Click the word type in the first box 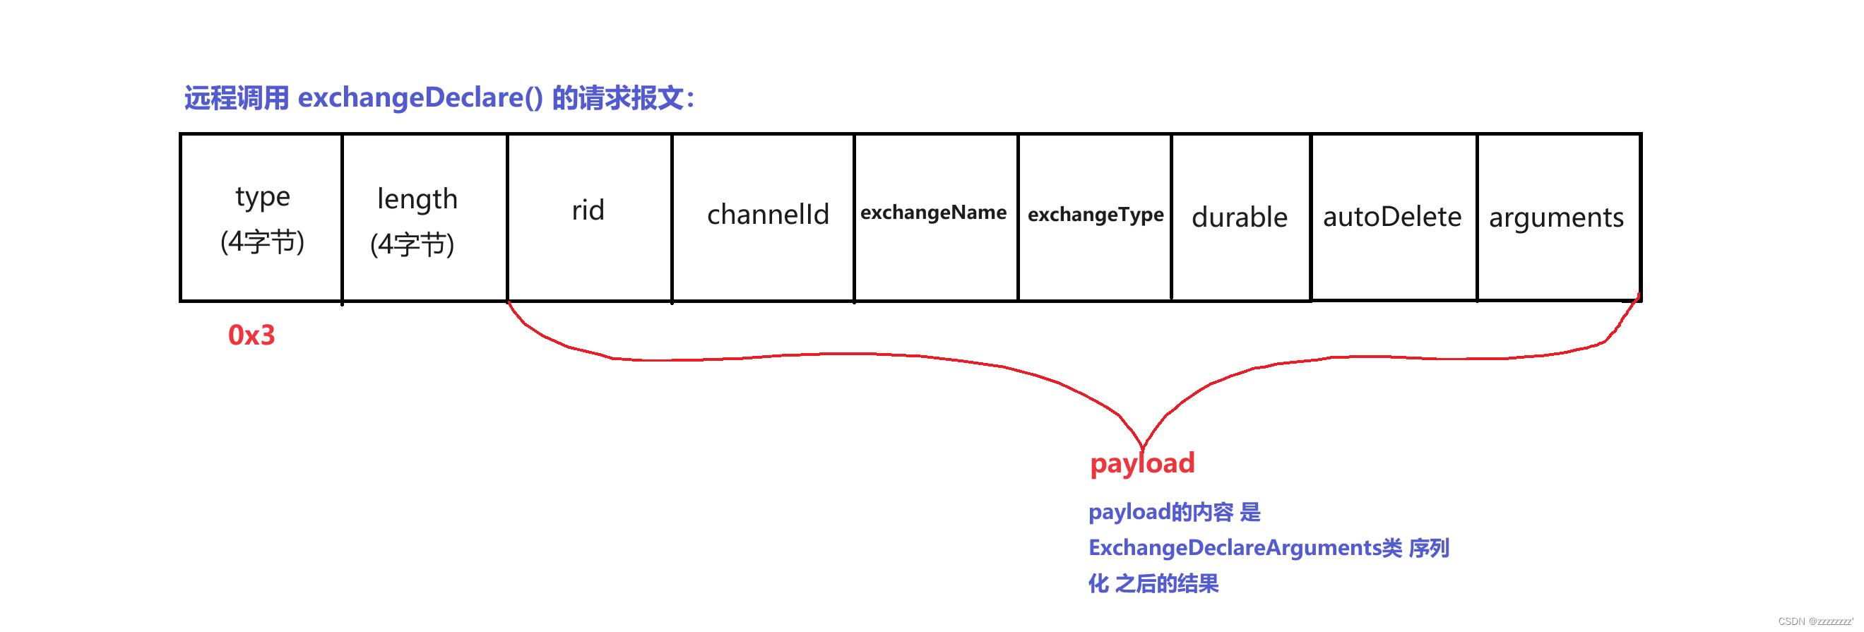tap(263, 198)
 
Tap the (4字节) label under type tap(262, 242)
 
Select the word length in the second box tap(417, 200)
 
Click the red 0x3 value tap(251, 335)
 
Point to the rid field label tap(588, 211)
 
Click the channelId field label tap(768, 215)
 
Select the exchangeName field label tap(934, 213)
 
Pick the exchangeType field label tap(1096, 215)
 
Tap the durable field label tap(1240, 217)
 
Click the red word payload tap(1142, 463)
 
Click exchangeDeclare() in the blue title tap(420, 97)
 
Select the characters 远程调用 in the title tap(236, 97)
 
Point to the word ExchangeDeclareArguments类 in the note tap(1245, 548)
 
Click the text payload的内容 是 tap(1174, 512)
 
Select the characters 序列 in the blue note tap(1428, 548)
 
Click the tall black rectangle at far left tap(87, 275)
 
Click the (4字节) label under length tap(412, 245)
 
